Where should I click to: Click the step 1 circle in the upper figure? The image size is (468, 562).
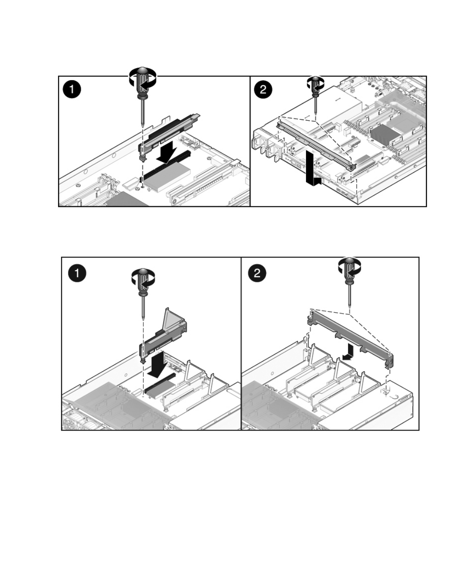point(71,90)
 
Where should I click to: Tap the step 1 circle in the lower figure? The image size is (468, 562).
point(77,273)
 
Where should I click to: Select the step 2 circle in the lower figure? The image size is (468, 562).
point(257,273)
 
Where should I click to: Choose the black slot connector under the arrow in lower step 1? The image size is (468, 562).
point(159,386)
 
